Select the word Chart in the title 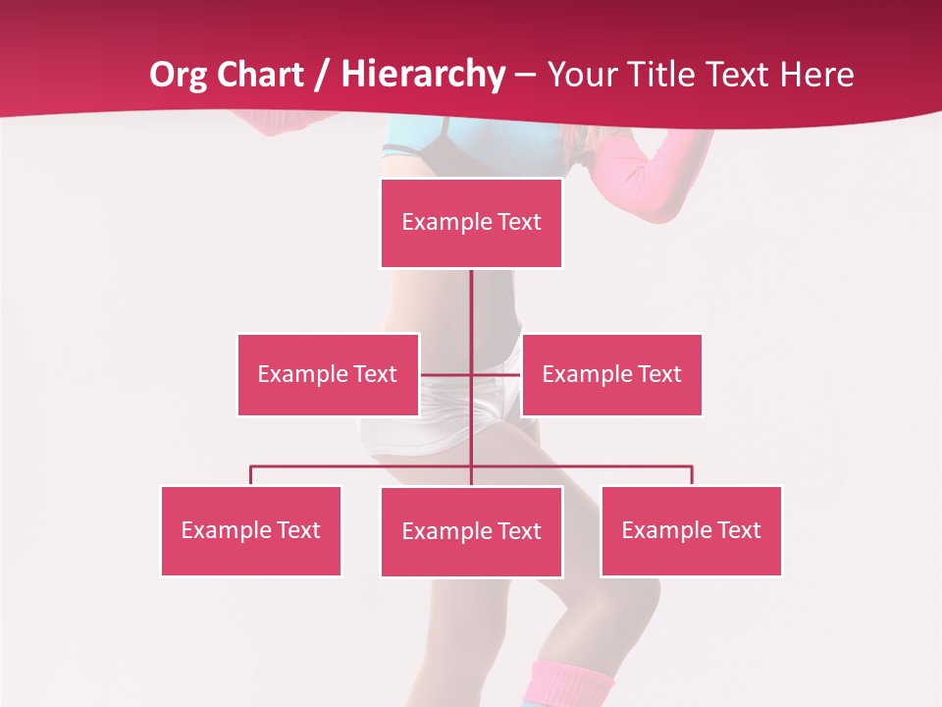click(260, 75)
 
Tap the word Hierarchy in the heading click(423, 75)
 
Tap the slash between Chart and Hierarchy click(323, 76)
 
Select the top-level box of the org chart click(471, 223)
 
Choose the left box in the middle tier click(328, 374)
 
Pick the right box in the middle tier click(611, 374)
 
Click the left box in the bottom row click(251, 530)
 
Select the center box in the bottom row click(471, 531)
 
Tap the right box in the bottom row click(691, 530)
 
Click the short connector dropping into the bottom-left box click(251, 475)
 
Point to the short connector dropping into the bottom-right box click(691, 475)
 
